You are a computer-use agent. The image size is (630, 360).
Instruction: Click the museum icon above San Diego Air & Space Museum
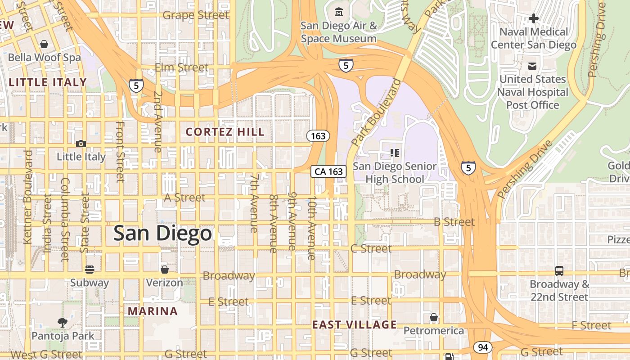[x=338, y=11]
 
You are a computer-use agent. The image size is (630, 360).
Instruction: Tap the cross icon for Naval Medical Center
[x=533, y=18]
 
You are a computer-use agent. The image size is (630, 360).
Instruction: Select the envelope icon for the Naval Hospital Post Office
[x=532, y=66]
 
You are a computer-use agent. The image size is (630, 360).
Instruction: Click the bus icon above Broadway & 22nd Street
[x=559, y=271]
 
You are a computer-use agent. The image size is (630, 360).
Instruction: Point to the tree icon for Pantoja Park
[x=63, y=322]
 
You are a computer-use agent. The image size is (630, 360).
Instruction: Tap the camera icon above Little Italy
[x=81, y=144]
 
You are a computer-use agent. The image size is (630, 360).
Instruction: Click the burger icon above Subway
[x=90, y=270]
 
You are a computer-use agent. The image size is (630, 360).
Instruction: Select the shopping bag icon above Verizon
[x=164, y=270]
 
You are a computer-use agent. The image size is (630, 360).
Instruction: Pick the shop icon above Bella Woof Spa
[x=44, y=44]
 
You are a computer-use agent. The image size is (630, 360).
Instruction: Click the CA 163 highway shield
[x=329, y=171]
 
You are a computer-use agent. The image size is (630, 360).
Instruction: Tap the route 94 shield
[x=482, y=347]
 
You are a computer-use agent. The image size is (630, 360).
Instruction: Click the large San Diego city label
[x=162, y=233]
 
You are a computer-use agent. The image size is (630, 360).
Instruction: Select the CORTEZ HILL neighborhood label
[x=225, y=132]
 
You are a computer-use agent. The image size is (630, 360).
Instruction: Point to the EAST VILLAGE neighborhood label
[x=355, y=324]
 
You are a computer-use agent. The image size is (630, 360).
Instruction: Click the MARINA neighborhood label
[x=153, y=311]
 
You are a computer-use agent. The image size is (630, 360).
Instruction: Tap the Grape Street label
[x=195, y=15]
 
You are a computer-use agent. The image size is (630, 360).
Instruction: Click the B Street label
[x=454, y=222]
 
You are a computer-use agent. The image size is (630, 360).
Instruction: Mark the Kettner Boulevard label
[x=27, y=197]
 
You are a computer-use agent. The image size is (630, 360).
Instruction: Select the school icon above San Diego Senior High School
[x=395, y=153]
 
